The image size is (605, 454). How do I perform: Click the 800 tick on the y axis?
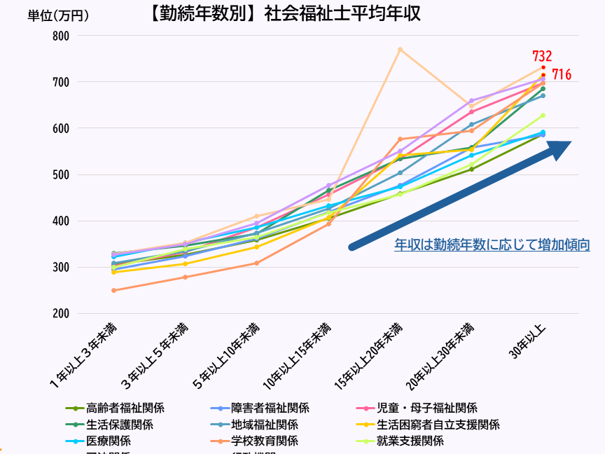(x=61, y=36)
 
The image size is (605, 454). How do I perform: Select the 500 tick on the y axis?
(x=61, y=174)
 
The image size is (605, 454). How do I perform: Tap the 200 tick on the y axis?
(x=61, y=313)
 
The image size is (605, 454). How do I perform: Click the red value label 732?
(x=542, y=56)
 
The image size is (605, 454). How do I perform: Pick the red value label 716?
(x=562, y=74)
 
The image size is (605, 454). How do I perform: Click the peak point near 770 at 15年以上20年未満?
(x=400, y=49)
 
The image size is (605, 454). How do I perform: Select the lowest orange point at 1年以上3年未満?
(x=113, y=290)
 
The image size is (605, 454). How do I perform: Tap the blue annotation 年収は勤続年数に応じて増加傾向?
(x=492, y=245)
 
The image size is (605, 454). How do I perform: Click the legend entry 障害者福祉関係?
(x=270, y=408)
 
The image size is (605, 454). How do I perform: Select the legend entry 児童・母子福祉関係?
(x=427, y=408)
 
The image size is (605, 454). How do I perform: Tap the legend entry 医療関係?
(x=108, y=441)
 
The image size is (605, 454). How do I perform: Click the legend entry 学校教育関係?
(x=264, y=441)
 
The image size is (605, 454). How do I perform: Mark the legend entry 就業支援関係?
(x=410, y=441)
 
